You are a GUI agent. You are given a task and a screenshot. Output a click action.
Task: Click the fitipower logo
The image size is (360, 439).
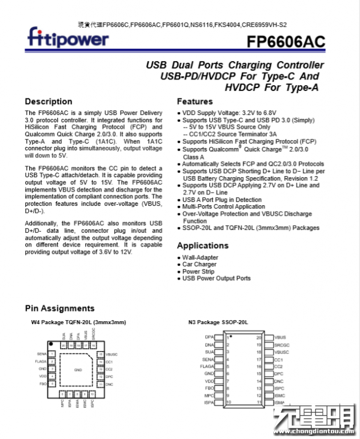point(67,38)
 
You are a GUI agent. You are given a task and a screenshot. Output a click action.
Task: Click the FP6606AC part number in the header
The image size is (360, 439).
point(286,42)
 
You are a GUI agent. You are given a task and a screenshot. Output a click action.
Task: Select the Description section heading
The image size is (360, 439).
point(49,101)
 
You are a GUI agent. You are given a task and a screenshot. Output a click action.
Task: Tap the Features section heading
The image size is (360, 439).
point(195,101)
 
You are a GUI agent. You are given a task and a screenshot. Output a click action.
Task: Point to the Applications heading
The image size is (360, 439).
point(202,245)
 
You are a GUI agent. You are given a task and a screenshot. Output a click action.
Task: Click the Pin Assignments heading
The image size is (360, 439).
point(60,308)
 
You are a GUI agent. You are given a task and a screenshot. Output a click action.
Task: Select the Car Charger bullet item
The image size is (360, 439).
point(199,265)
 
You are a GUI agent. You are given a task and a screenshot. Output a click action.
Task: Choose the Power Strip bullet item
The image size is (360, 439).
point(198,272)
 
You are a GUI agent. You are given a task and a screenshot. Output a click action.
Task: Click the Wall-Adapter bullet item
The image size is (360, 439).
point(200,258)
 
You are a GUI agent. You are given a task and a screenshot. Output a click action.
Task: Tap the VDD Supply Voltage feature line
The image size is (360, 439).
point(227,113)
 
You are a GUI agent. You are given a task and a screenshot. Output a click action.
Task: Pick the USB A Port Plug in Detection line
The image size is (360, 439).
point(222,200)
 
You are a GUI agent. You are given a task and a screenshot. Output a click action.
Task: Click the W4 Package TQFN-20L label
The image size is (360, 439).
point(78,323)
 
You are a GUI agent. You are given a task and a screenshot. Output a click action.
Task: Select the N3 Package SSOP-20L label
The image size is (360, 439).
point(218,323)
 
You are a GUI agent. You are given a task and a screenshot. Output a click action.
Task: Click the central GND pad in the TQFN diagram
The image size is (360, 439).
point(78,370)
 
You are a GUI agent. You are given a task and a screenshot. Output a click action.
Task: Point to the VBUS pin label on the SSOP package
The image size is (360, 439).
point(280,338)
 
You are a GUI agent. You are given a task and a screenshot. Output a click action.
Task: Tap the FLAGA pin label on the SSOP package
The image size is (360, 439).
point(207,366)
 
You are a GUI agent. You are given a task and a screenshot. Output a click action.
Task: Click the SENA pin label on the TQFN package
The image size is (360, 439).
point(42,354)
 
